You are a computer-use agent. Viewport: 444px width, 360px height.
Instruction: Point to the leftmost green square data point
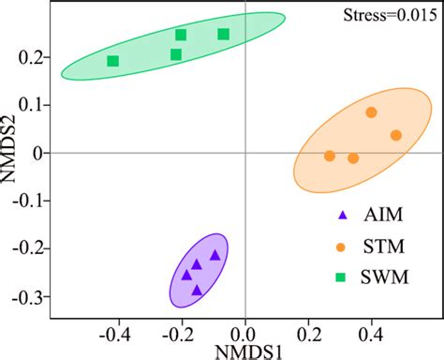[x=113, y=61]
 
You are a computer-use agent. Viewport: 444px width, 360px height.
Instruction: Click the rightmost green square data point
[x=224, y=35]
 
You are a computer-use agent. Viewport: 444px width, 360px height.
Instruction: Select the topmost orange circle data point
[x=371, y=112]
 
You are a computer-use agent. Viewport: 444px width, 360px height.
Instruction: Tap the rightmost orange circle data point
[x=396, y=135]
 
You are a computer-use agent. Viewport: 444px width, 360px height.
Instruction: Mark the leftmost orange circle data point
[x=330, y=156]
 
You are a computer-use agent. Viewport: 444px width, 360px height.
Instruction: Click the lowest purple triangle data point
[x=197, y=290]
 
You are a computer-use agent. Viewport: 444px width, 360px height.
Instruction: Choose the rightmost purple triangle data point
[x=215, y=255]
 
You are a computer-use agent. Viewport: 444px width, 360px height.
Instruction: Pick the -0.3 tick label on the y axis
[x=35, y=297]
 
